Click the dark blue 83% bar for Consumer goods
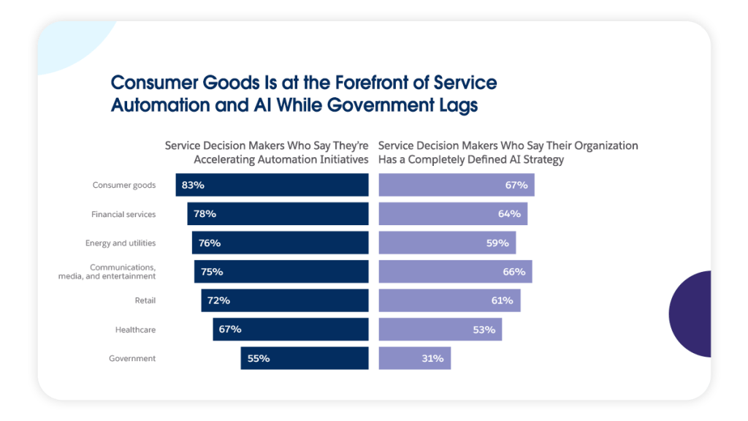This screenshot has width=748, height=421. coord(272,185)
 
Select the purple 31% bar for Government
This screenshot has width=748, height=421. coord(415,358)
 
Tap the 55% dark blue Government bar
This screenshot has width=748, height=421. coord(305,358)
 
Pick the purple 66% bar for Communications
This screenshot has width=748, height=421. coord(455,272)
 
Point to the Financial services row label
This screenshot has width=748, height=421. coord(123,214)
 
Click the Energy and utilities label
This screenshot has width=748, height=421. coord(121,243)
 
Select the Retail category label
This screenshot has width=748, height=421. coord(145,300)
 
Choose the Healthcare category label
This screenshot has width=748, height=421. coord(135,330)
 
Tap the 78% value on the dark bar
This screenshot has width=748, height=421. coord(205,214)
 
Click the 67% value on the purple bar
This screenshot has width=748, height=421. coord(516,185)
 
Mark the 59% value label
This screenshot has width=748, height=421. coord(497,243)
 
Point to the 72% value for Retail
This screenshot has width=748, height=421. coord(218,300)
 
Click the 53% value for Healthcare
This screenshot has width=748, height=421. coord(484,330)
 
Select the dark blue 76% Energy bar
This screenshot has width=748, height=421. coord(280,243)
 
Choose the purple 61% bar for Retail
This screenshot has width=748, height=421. coord(449,300)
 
